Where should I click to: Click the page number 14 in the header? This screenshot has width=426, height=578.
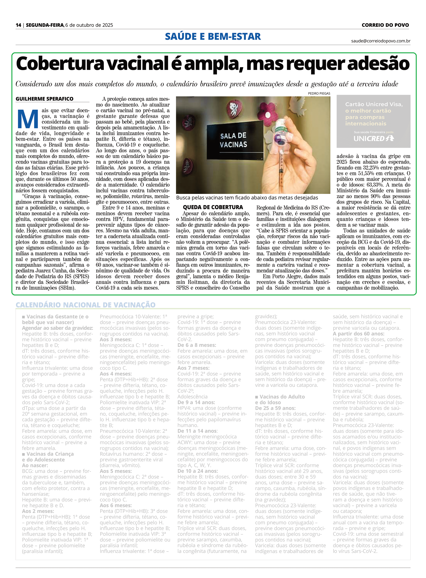click(x=18, y=25)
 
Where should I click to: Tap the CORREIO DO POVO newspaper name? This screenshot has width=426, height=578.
click(x=385, y=25)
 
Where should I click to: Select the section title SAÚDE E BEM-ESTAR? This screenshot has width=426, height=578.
click(x=213, y=36)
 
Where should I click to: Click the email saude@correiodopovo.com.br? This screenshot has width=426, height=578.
click(x=380, y=41)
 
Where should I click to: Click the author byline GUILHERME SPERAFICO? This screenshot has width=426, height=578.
click(x=44, y=99)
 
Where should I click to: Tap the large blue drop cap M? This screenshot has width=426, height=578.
click(x=28, y=119)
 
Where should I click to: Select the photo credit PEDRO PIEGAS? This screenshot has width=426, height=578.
click(x=319, y=93)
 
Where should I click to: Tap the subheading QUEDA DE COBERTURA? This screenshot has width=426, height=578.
click(x=213, y=207)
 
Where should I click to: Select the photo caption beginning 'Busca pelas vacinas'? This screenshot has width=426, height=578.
click(x=247, y=198)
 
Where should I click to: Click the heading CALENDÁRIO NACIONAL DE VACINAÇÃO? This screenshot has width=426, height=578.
click(x=86, y=305)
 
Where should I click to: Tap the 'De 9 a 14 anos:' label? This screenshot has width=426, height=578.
click(x=196, y=402)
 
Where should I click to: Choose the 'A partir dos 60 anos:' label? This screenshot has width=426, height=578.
click(x=358, y=334)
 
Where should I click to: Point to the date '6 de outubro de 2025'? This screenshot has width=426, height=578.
click(x=89, y=25)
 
